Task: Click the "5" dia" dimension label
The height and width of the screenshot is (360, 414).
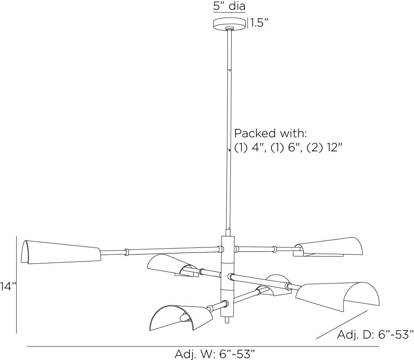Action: pyautogui.click(x=229, y=7)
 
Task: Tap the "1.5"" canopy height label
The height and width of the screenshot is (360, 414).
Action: pyautogui.click(x=259, y=23)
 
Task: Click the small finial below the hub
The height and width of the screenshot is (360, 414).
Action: pyautogui.click(x=228, y=320)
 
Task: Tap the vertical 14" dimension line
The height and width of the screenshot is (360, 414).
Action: pyautogui.click(x=16, y=285)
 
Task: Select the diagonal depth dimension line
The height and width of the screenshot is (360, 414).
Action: pyautogui.click(x=342, y=324)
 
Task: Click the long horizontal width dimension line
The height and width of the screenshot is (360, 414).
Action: pyautogui.click(x=203, y=346)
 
